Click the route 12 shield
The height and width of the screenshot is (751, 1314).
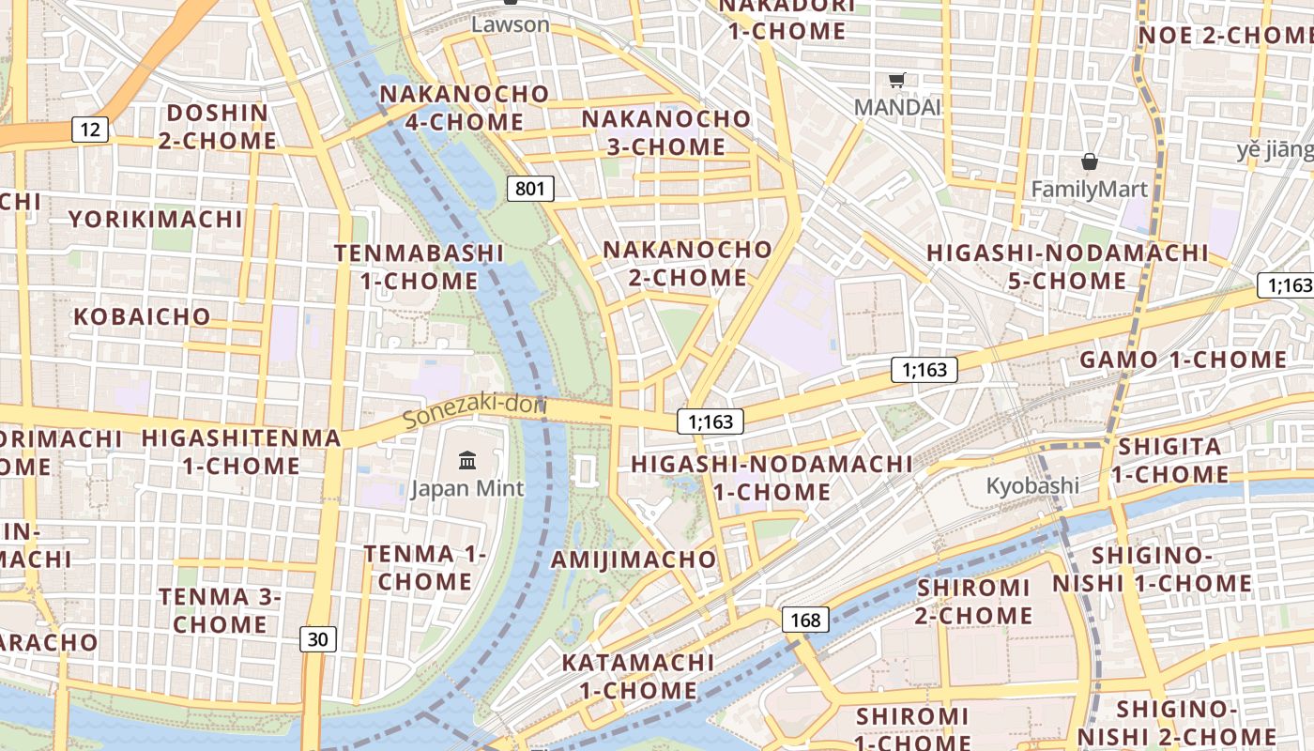tap(90, 130)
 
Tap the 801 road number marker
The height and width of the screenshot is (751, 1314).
tap(530, 189)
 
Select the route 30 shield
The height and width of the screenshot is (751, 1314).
tap(318, 639)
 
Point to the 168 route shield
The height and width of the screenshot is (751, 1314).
tap(805, 620)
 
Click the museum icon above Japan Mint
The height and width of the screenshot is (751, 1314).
tap(466, 460)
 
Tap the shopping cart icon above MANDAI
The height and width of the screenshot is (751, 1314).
tap(896, 81)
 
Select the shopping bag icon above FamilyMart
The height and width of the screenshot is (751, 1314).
tap(1089, 162)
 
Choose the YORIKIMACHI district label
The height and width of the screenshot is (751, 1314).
tap(156, 220)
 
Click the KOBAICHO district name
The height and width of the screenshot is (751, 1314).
tap(142, 316)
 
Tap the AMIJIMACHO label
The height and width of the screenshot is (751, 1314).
tap(634, 559)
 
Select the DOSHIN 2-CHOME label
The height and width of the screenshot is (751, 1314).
tap(217, 127)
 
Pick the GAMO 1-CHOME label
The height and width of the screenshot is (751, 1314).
tap(1183, 360)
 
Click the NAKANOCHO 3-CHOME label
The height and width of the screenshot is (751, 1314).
tap(666, 133)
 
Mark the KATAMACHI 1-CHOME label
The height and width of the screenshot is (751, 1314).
tap(638, 676)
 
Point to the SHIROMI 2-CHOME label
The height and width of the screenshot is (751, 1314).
tap(974, 602)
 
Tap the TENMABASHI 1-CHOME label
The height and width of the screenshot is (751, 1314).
tap(419, 267)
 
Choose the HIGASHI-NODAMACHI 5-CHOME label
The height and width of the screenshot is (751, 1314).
tap(1067, 267)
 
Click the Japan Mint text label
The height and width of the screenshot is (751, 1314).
tap(467, 488)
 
